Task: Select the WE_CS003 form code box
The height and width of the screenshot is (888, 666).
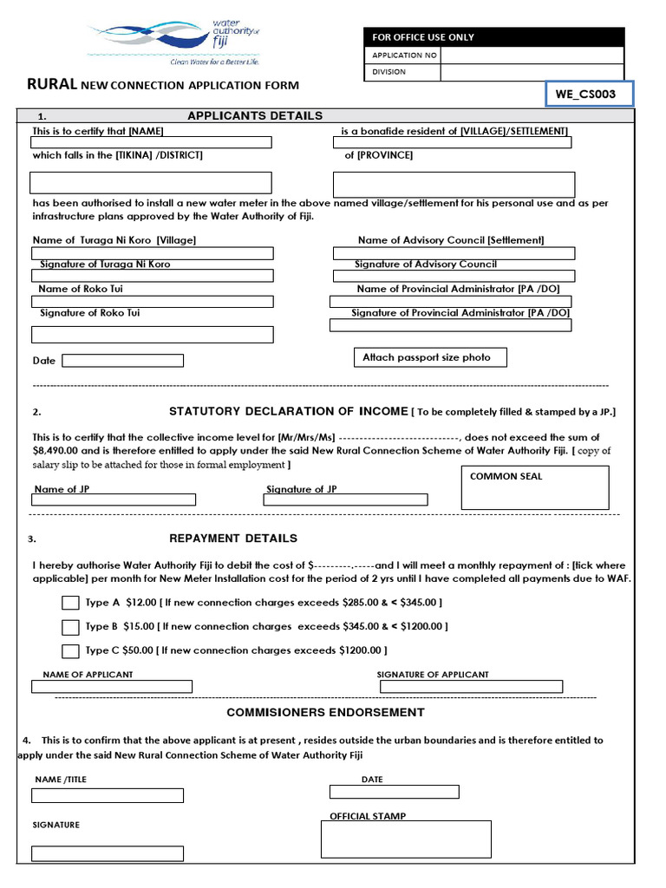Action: [590, 93]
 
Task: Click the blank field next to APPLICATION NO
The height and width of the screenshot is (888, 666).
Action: [532, 55]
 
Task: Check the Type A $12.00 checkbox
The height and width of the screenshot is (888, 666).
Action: [70, 604]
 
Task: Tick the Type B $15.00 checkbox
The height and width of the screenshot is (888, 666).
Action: [70, 627]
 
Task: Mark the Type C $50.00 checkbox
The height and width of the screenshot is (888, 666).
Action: [70, 650]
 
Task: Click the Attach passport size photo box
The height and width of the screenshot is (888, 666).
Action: [429, 357]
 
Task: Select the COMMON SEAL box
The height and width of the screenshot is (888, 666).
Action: [534, 486]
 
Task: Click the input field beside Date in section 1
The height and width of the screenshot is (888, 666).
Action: [122, 361]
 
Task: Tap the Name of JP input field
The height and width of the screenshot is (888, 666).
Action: [114, 499]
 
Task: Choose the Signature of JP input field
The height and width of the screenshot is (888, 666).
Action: [346, 499]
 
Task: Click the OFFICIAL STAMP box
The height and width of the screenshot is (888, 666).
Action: [405, 839]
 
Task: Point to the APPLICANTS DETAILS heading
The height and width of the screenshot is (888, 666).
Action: [255, 116]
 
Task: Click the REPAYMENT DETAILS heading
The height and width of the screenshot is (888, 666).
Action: [233, 539]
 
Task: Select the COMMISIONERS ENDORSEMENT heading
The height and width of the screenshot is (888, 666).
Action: [325, 713]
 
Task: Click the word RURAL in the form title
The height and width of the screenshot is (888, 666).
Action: [52, 85]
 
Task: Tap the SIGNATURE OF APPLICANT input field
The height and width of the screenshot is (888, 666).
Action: [471, 687]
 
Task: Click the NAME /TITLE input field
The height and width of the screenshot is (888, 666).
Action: [108, 795]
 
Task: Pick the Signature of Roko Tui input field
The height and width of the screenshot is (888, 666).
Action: [152, 334]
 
